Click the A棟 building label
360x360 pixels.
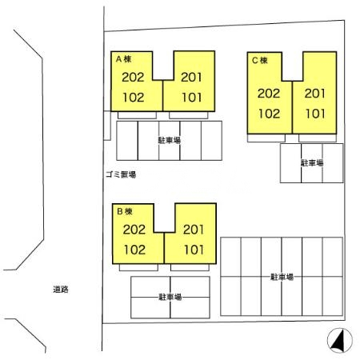click(123, 59)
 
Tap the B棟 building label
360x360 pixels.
click(125, 211)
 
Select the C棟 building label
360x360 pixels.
click(260, 61)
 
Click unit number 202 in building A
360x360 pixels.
click(133, 78)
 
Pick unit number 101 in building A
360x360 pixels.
click(192, 98)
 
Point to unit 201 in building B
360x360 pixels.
click(194, 230)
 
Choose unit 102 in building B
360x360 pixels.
click(134, 250)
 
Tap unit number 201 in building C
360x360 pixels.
click(315, 94)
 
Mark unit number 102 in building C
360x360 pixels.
click(270, 114)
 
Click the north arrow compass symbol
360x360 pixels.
click(340, 341)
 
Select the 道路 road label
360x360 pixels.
click(61, 290)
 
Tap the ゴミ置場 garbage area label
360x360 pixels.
click(121, 174)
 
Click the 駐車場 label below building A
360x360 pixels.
click(170, 140)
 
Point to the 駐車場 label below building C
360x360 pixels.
click(312, 162)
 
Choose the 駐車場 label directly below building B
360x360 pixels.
click(170, 297)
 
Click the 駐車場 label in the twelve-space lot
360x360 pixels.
click(282, 277)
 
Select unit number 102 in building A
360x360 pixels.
click(134, 98)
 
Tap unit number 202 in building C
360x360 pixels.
click(269, 94)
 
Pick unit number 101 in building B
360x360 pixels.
click(194, 250)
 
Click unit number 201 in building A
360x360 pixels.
click(191, 78)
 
